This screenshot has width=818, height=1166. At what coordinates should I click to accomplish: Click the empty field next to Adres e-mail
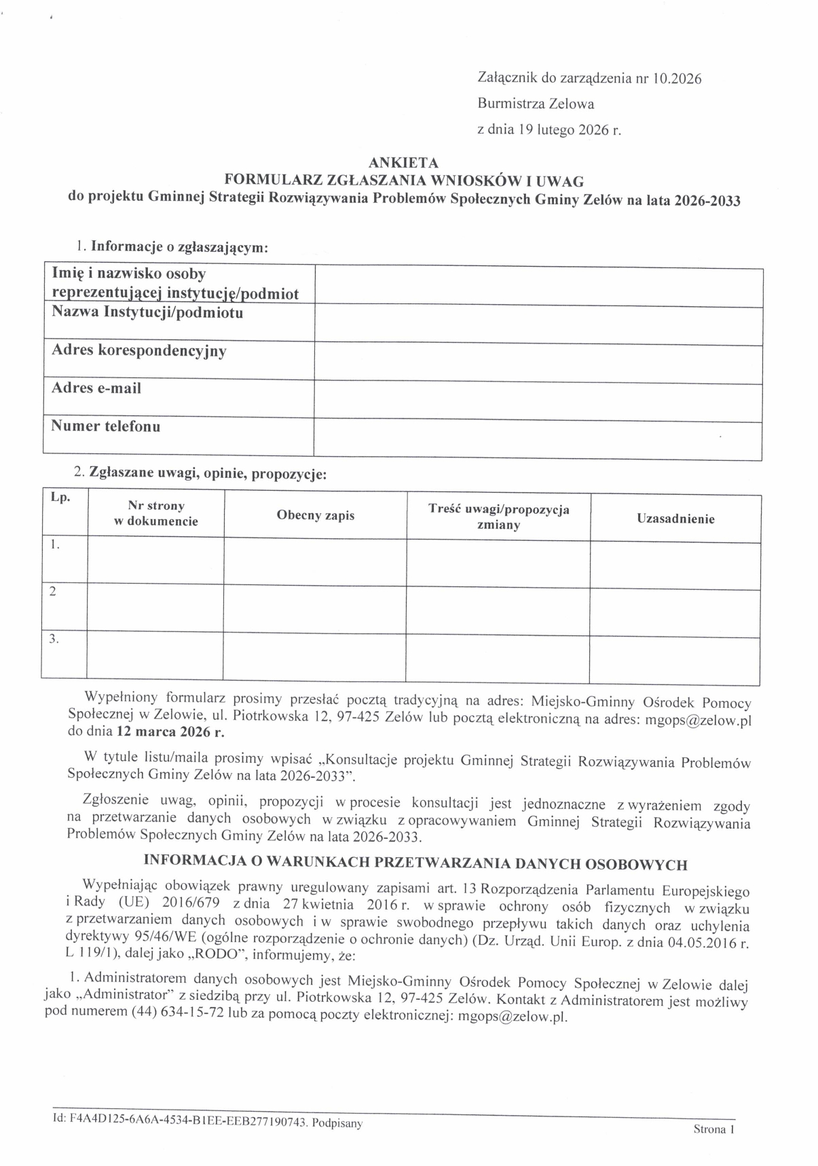[538, 401]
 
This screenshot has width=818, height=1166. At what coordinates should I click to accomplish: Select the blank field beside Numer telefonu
[538, 440]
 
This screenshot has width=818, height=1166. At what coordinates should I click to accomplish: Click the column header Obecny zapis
[315, 516]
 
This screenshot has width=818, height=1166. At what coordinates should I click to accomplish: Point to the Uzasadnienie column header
[675, 519]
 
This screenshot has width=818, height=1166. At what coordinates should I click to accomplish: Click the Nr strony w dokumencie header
[156, 514]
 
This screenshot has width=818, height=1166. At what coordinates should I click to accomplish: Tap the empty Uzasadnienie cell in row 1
[675, 565]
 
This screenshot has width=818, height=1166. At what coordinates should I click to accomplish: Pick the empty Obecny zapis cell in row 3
[314, 658]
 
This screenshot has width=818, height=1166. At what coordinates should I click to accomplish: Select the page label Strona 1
[713, 1129]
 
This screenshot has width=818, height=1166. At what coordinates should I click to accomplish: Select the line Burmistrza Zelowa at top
[536, 104]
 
